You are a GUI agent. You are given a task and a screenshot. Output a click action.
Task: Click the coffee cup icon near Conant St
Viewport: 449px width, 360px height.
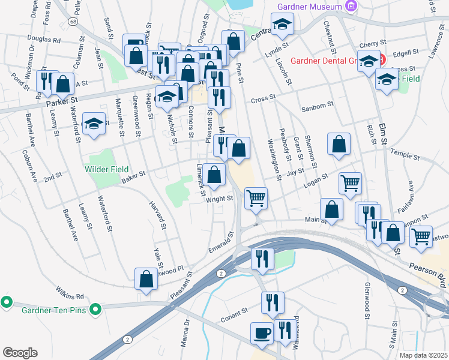(261, 333)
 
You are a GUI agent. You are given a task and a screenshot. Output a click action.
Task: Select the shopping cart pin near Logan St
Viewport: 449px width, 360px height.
(350, 182)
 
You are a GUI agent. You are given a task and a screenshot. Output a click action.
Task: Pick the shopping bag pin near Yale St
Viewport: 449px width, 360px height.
(146, 278)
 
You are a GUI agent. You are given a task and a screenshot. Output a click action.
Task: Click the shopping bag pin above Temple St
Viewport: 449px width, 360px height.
(339, 143)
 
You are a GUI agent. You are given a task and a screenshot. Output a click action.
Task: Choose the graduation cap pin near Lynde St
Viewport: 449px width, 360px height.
(281, 25)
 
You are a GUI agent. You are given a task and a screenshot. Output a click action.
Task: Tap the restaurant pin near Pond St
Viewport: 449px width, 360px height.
(45, 80)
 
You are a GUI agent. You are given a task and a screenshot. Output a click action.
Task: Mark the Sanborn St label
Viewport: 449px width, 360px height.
(317, 106)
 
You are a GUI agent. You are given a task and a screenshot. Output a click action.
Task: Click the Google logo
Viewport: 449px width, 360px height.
(20, 352)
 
